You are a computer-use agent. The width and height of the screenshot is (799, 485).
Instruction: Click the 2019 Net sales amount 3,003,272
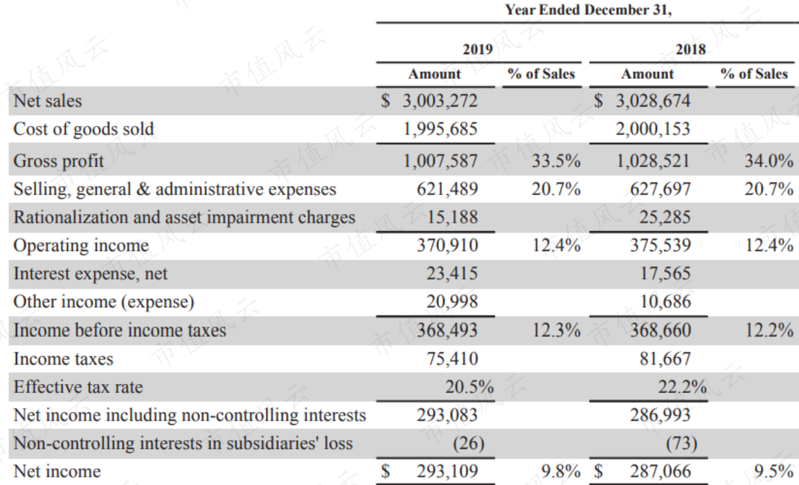pos(440,101)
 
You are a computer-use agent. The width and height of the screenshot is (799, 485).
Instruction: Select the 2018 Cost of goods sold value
pos(653,129)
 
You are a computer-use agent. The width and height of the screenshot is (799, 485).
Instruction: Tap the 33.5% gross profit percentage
pos(556,161)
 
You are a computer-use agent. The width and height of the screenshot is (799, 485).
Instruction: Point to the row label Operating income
pos(81,246)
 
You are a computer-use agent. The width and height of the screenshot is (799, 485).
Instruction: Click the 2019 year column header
pos(478,49)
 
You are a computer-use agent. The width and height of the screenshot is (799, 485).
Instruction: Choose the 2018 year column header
pos(690,49)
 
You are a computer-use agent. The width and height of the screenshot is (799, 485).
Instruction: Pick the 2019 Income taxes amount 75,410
pos(452,358)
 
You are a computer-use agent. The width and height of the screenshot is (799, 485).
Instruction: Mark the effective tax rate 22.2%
pos(682,387)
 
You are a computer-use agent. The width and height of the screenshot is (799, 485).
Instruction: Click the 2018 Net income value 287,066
pos(661,471)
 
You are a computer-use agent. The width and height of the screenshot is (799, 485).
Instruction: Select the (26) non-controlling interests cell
pos(468,443)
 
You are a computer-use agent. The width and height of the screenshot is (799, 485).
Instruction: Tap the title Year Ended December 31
pos(589,10)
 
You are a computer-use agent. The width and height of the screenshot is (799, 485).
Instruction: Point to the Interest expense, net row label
pos(90,273)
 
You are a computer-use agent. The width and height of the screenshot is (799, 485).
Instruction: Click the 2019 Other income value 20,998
pos(452,302)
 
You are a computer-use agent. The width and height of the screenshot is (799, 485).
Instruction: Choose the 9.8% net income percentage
pos(561,471)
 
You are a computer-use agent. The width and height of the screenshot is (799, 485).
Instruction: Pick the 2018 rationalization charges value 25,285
pos(665,217)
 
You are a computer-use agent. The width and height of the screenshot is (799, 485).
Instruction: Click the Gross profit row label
pos(59,161)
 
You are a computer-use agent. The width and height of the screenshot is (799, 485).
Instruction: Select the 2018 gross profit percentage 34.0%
pos(769,161)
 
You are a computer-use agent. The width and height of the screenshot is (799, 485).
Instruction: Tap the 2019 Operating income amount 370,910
pos(447,246)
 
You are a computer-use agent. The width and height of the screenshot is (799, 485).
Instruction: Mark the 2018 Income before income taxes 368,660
pos(661,330)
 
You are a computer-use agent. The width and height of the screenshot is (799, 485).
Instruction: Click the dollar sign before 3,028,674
pos(598,100)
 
